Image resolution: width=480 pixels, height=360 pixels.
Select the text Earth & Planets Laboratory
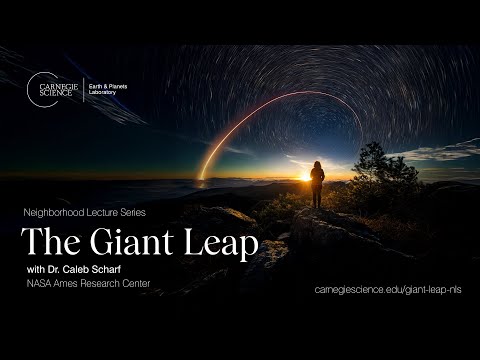(x=109, y=88)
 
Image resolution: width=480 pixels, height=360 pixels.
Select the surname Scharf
(x=115, y=271)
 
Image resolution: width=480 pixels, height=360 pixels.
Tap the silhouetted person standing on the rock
(x=317, y=183)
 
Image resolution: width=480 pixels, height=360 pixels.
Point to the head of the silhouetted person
(x=318, y=164)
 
